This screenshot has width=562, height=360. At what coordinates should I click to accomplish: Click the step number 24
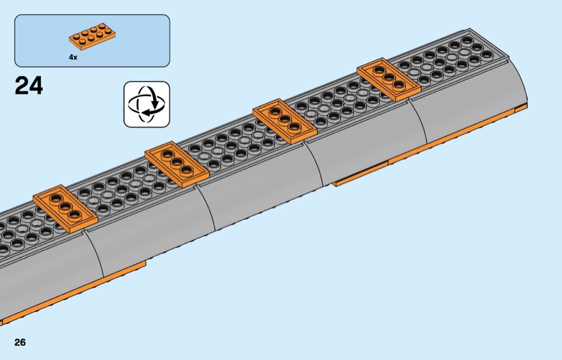[x=29, y=86]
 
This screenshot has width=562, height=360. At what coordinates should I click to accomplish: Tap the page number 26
[x=20, y=342]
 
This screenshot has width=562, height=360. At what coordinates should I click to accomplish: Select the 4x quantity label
[x=73, y=57]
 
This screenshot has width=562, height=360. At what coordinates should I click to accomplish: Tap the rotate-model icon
[x=146, y=104]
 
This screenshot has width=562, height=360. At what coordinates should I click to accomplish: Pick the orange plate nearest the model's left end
[x=65, y=207]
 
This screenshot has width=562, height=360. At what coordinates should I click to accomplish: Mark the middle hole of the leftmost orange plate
[x=65, y=206]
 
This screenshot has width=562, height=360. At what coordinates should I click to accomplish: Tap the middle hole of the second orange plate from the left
[x=177, y=162]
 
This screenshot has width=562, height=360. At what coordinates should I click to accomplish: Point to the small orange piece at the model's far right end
[x=522, y=109]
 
